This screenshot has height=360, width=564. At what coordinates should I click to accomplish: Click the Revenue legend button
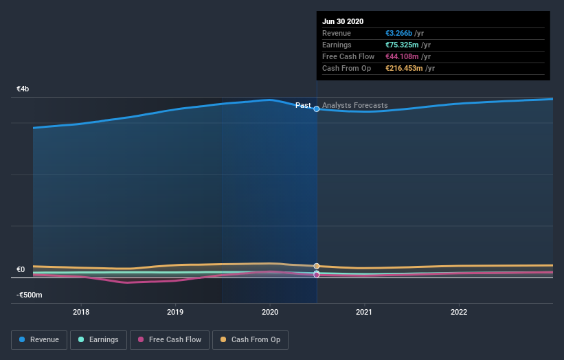40,339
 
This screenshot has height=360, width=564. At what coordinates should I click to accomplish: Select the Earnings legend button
98,339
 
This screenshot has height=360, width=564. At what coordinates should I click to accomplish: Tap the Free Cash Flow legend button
169,339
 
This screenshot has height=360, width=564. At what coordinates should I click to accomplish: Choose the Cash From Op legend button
251,339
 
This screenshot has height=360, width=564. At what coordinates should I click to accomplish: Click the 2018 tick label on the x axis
81,312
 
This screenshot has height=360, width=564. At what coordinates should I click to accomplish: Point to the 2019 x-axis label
175,312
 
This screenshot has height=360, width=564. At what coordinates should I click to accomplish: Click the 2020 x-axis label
270,312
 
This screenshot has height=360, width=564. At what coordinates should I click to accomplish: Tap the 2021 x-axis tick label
364,312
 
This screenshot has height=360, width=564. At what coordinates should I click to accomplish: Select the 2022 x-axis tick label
458,312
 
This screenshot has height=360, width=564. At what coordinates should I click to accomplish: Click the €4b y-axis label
23,89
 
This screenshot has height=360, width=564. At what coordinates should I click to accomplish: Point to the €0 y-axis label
21,269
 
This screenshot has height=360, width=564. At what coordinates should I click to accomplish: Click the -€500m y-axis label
30,295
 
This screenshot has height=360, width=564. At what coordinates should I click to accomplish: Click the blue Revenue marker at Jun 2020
317,109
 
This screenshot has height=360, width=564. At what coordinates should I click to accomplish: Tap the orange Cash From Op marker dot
317,266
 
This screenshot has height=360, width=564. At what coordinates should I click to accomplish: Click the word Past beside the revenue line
303,105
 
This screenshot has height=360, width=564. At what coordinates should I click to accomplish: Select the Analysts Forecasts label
354,105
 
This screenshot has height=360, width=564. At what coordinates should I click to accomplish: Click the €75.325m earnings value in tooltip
403,45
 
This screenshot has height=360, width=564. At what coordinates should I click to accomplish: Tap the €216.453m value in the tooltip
404,68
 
